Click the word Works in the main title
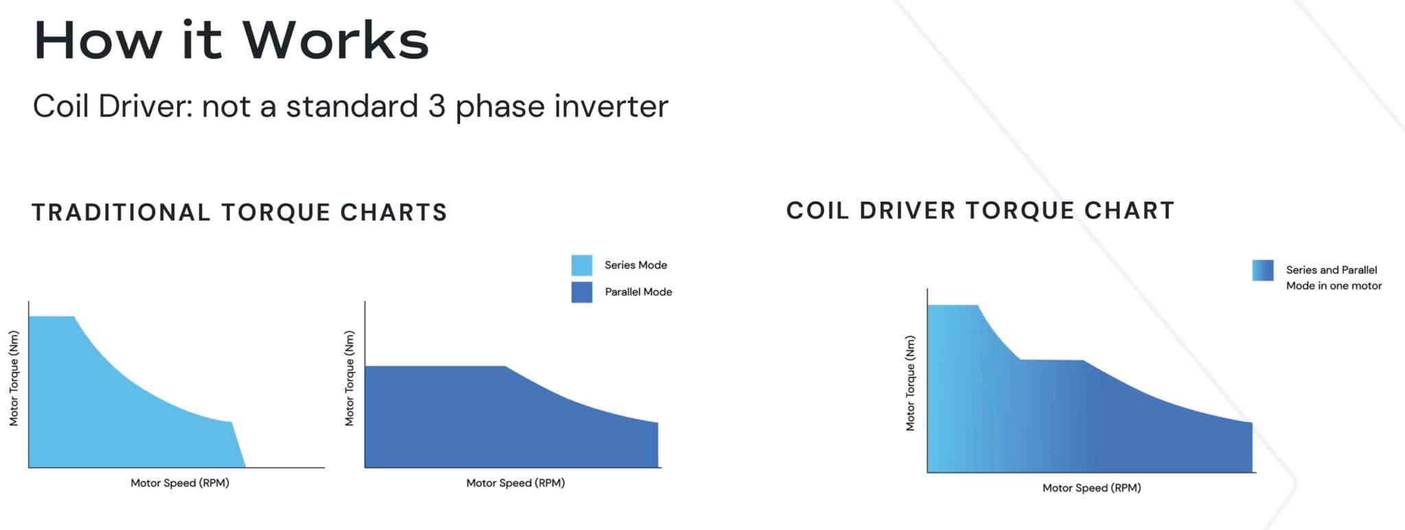pos(335,40)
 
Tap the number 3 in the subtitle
pos(436,106)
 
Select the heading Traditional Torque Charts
pos(239,213)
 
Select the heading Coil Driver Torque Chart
pos(980,210)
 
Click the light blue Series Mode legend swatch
pos(582,265)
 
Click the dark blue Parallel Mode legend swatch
pos(582,292)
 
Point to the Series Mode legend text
pos(635,265)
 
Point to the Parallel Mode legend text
pos(638,292)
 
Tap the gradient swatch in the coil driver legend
pos(1262,270)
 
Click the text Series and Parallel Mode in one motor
pos(1333,278)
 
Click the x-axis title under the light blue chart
pos(180,483)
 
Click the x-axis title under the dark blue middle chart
pos(515,483)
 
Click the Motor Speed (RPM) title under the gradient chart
pos(1091,487)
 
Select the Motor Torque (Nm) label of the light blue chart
pos(14,378)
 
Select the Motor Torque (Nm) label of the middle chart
pos(349,378)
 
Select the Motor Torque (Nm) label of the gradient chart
pos(910,383)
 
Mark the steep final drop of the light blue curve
pos(238,444)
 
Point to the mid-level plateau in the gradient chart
pos(1052,360)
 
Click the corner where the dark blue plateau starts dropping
pos(506,367)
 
